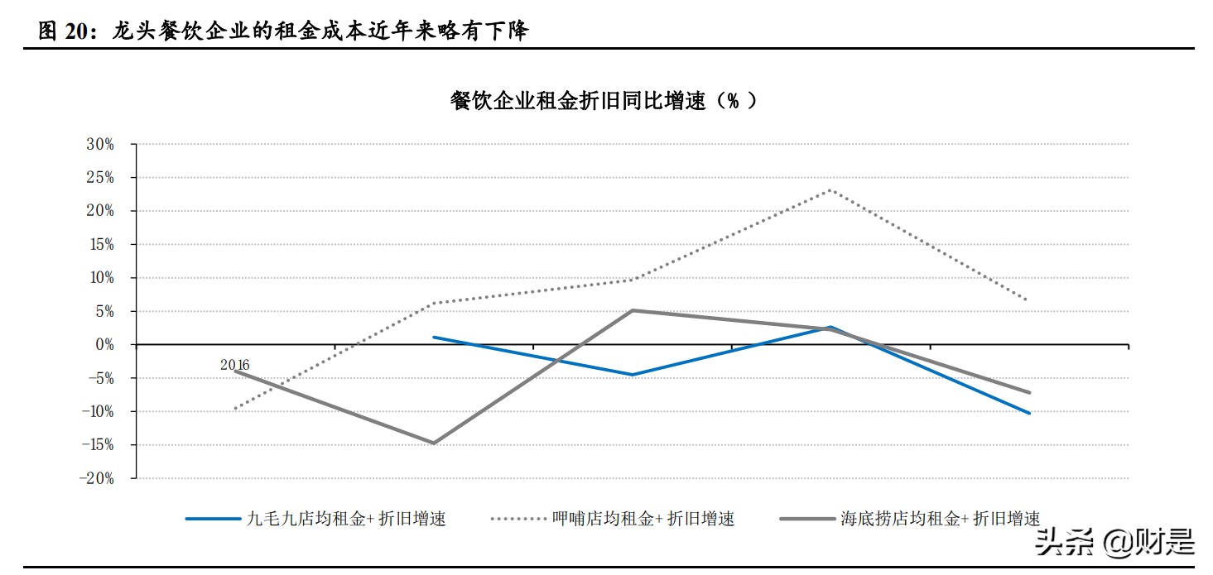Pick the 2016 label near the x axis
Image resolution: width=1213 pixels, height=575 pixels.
point(234,364)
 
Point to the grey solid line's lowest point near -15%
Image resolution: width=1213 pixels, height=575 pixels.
point(433,443)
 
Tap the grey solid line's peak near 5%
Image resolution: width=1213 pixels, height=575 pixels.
point(633,310)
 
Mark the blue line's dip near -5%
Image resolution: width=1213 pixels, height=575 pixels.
point(633,375)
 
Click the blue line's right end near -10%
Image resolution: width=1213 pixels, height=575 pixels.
point(1029,413)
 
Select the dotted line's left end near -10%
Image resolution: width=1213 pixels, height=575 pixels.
point(236,409)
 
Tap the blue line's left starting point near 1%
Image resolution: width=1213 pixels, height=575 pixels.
point(434,338)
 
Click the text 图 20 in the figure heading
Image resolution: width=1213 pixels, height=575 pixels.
point(60,31)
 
